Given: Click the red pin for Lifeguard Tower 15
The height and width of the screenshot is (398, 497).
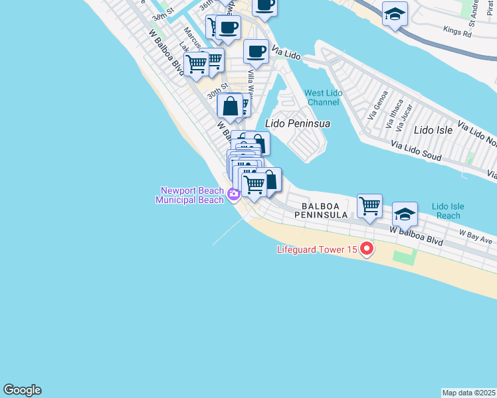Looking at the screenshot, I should point(366,250).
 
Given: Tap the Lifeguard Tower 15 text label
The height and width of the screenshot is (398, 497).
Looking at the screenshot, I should point(317,250).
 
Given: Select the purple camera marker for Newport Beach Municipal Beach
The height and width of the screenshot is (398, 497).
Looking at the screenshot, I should point(233,194).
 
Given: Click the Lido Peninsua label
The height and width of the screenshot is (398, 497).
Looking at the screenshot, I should point(298,123).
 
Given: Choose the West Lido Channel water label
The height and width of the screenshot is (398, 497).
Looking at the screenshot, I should point(324,98).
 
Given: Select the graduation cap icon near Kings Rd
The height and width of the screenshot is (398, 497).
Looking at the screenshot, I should point(395,14).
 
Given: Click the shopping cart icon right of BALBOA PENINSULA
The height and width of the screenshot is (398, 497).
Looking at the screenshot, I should point(369,205).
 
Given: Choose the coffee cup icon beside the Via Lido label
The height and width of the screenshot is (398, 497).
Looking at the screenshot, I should point(256,51).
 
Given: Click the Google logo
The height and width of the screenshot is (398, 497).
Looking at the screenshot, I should point(22,390).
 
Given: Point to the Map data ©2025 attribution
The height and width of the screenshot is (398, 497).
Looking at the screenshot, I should point(468,393).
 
